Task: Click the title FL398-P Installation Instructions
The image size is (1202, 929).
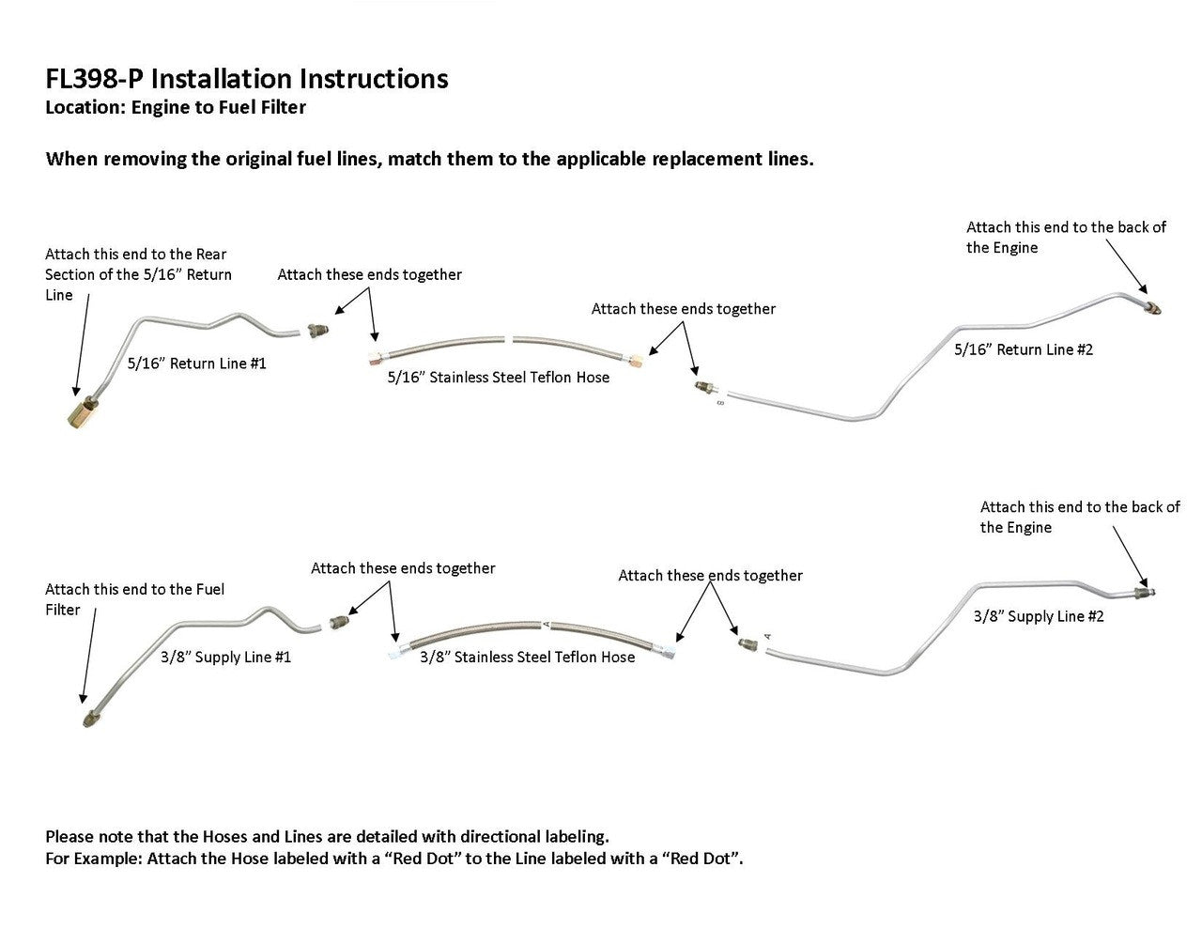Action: [x=246, y=78]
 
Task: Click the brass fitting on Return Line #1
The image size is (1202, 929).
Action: [x=80, y=411]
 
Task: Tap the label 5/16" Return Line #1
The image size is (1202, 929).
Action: [x=196, y=364]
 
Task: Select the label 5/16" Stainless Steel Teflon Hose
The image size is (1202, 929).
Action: [x=498, y=378]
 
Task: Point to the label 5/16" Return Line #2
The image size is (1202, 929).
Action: [x=1024, y=349]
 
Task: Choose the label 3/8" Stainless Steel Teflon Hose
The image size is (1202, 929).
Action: [x=527, y=657]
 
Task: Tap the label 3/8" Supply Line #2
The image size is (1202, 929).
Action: [x=1039, y=616]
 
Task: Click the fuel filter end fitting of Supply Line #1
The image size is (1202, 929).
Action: [x=87, y=720]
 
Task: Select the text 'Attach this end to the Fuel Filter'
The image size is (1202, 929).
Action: [x=134, y=599]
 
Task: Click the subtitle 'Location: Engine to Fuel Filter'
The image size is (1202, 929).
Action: [x=176, y=107]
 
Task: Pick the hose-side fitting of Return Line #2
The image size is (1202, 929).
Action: [x=701, y=386]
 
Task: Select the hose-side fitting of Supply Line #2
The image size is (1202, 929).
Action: [x=747, y=643]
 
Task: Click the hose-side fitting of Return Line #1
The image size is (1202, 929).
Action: [x=318, y=331]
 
